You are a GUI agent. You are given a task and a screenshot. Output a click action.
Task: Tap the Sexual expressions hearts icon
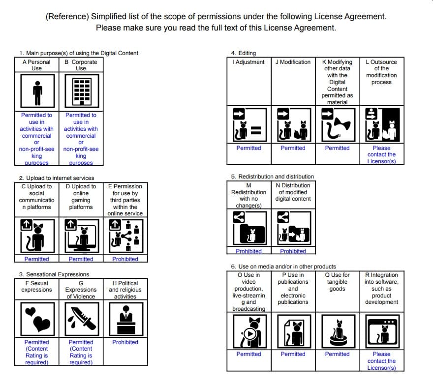pyautogui.click(x=37, y=319)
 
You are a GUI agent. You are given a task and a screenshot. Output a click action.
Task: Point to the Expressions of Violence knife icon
pyautogui.click(x=81, y=319)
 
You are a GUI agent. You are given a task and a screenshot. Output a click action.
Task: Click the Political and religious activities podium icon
pyautogui.click(x=125, y=319)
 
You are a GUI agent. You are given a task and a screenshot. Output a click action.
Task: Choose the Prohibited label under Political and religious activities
pyautogui.click(x=125, y=342)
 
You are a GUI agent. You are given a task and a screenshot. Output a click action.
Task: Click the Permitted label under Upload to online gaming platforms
pyautogui.click(x=81, y=259)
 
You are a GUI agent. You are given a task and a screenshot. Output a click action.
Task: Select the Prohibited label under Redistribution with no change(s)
pyautogui.click(x=248, y=251)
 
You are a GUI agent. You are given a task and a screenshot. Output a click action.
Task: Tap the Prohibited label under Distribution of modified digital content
pyautogui.click(x=293, y=251)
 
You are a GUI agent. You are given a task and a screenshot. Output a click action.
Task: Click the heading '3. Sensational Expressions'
pyautogui.click(x=54, y=274)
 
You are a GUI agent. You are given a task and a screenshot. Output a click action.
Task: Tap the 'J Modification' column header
pyautogui.click(x=293, y=62)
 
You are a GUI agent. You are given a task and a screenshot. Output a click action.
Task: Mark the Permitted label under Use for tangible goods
pyautogui.click(x=338, y=354)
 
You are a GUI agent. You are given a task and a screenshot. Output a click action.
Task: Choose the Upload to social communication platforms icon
pyautogui.click(x=37, y=236)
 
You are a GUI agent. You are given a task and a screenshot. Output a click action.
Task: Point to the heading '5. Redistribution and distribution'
pyautogui.click(x=272, y=177)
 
